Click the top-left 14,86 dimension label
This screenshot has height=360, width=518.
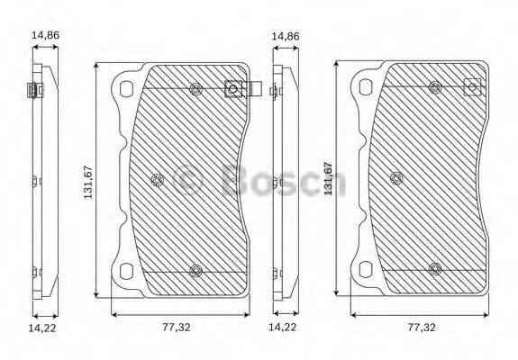coord(44,35)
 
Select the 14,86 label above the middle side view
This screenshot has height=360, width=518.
coord(285,35)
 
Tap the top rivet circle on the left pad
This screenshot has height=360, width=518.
coord(195,88)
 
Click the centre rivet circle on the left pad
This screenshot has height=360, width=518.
coord(158,179)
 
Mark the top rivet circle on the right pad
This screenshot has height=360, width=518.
coord(434,87)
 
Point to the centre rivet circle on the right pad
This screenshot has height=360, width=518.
coord(397,178)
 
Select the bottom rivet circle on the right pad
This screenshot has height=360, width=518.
coord(434,268)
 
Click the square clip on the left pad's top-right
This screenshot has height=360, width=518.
coord(232,89)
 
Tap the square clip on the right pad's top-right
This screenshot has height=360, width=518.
coord(469,88)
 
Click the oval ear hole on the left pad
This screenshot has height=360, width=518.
coord(125,88)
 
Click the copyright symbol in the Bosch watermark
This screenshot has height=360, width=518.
coord(188,181)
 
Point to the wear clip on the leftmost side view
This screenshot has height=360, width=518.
coord(32,90)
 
